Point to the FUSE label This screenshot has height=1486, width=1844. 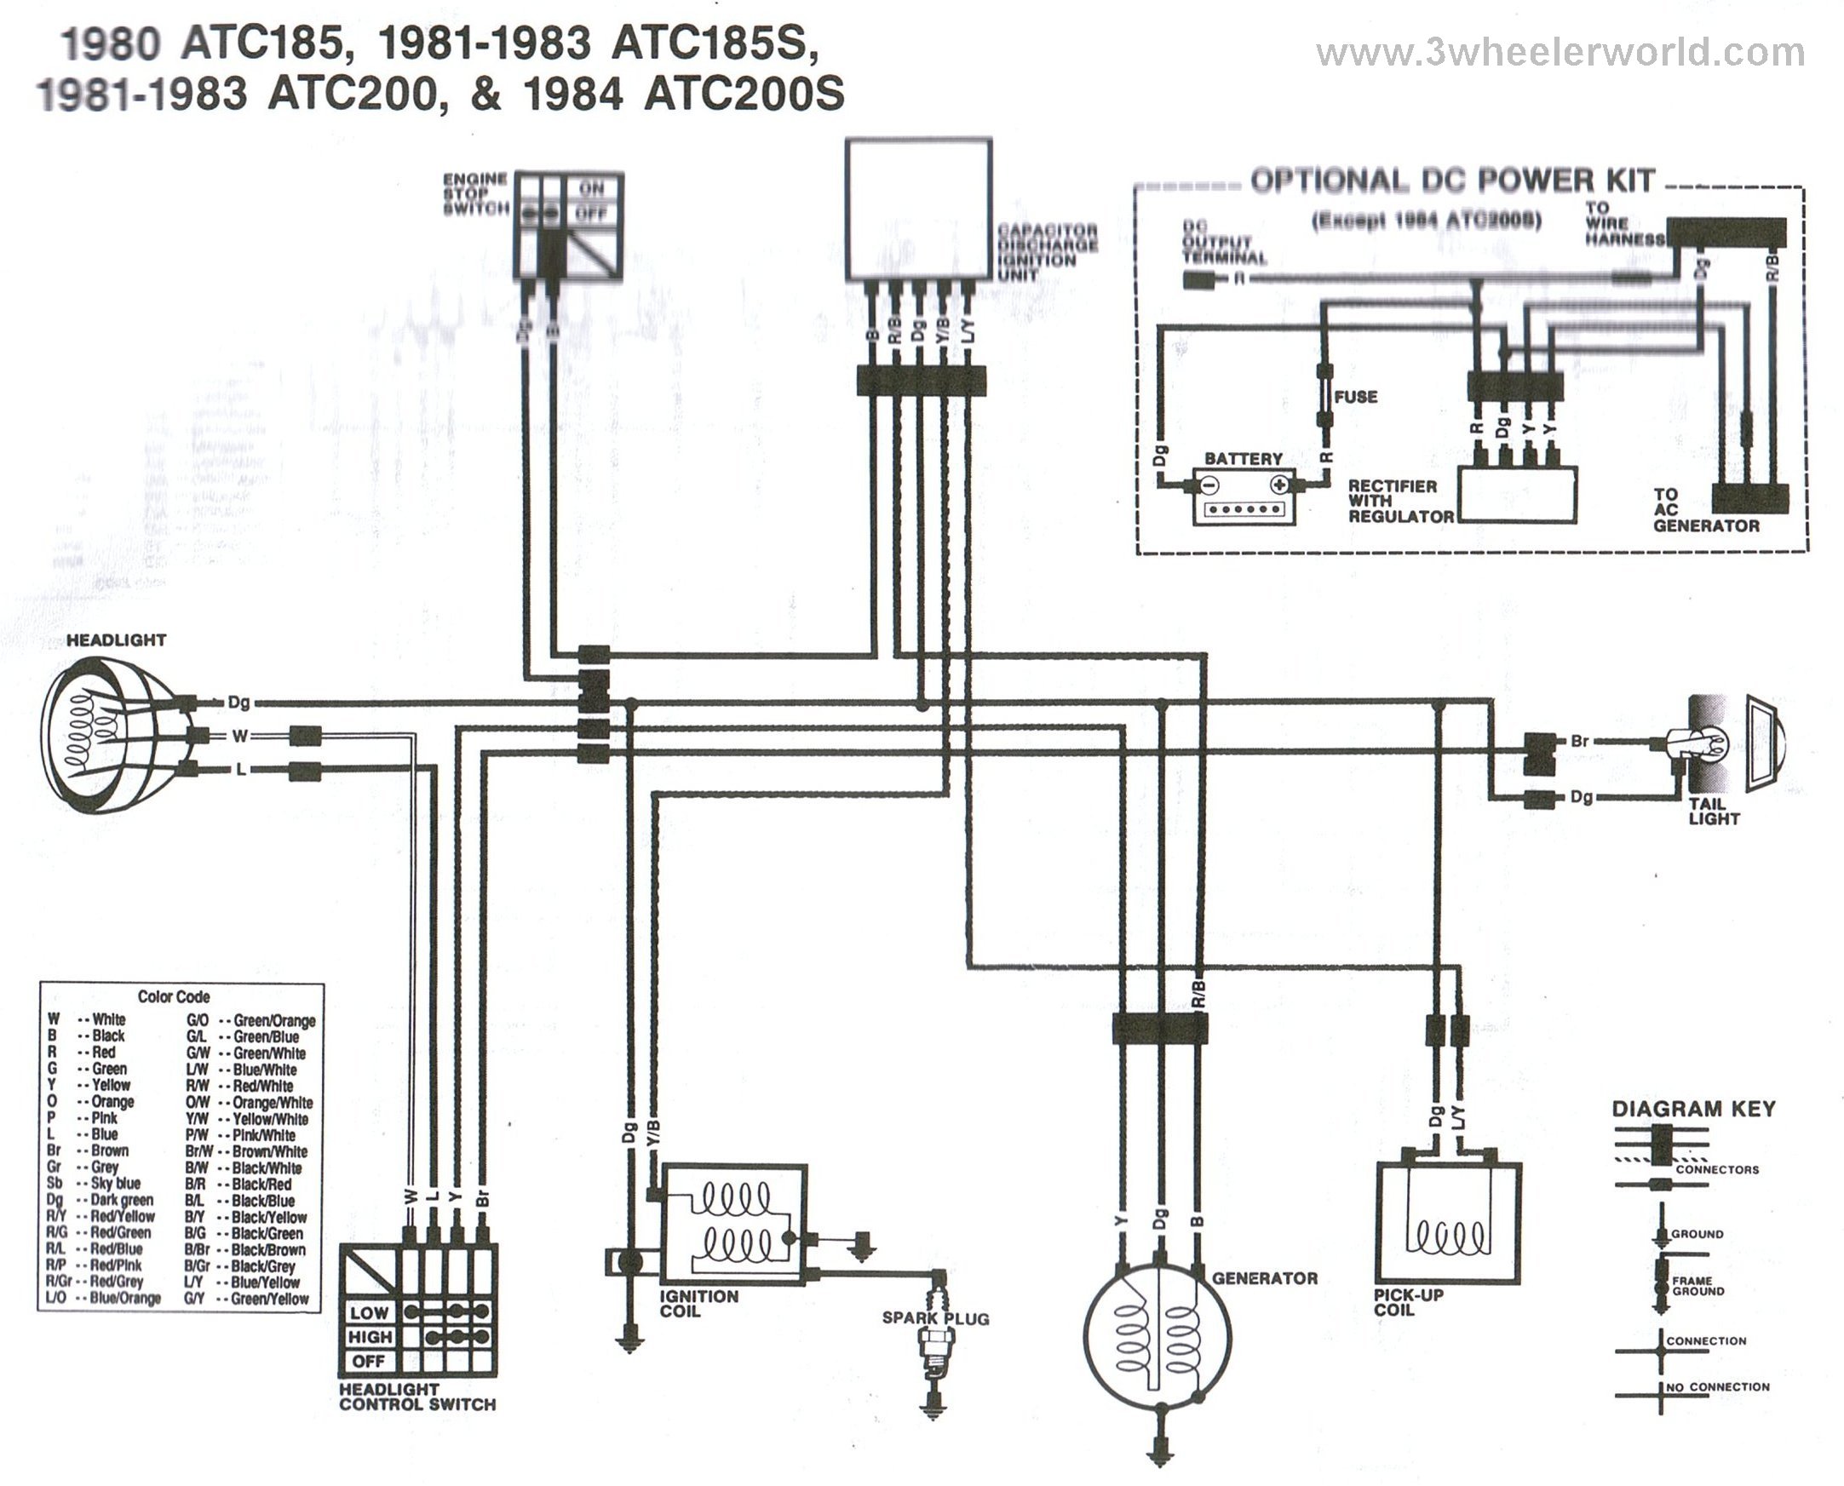tap(1356, 397)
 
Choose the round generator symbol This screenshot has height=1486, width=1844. tap(1158, 1334)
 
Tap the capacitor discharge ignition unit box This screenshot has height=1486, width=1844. tap(918, 210)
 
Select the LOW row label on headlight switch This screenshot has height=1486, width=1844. tap(369, 1313)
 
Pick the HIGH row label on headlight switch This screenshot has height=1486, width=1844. tap(370, 1337)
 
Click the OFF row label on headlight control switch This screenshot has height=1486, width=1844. tap(369, 1361)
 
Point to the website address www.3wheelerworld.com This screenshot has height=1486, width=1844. tap(1560, 53)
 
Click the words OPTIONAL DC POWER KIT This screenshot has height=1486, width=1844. tap(1452, 181)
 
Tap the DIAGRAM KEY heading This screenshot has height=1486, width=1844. tap(1693, 1110)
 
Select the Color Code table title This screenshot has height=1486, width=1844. tap(174, 997)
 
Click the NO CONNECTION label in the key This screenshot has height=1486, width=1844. tap(1717, 1386)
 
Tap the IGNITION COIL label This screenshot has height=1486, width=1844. tap(698, 1304)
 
